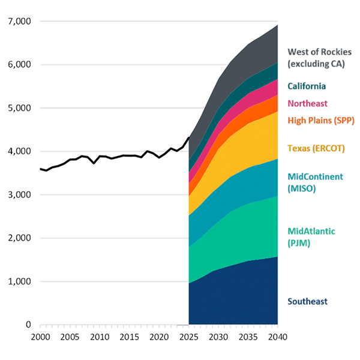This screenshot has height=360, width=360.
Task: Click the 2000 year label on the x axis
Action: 40,337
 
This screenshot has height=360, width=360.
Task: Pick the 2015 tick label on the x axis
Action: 129,337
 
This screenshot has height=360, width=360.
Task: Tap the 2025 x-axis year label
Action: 188,337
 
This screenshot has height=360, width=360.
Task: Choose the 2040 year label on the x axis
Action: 277,337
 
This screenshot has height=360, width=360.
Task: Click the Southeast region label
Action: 308,301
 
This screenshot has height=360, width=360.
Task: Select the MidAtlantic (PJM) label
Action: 311,237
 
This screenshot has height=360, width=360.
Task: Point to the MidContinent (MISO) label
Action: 315,182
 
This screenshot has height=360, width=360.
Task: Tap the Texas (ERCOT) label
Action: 316,148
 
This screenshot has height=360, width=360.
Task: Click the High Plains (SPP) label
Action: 321,121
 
